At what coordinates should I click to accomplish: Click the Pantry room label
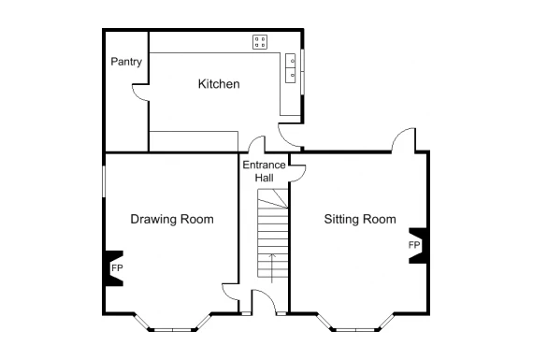(126, 62)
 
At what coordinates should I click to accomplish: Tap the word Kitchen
(219, 84)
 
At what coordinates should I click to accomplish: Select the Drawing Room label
(172, 219)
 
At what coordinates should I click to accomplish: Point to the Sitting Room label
(360, 219)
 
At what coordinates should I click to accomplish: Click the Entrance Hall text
(264, 171)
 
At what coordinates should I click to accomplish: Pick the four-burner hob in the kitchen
(260, 42)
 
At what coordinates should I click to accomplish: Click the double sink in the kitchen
(290, 67)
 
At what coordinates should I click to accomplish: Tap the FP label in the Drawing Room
(117, 268)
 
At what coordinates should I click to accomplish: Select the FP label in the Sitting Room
(414, 245)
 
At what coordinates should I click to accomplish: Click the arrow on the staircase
(271, 268)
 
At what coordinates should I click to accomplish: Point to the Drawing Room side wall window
(104, 180)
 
